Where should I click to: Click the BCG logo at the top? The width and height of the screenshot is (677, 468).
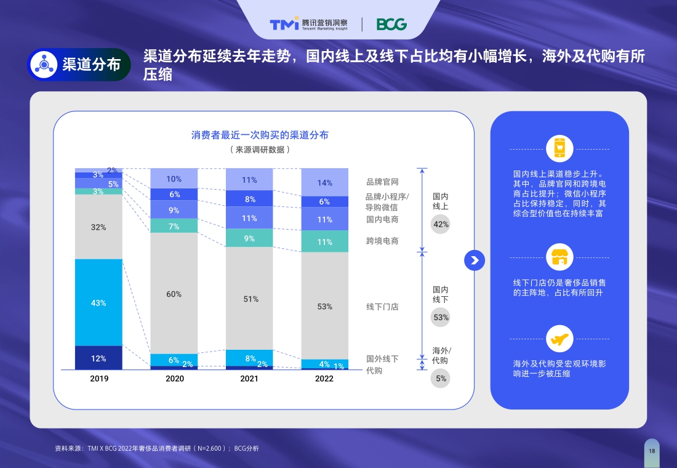391,24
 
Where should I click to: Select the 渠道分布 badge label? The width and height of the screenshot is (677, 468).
91,65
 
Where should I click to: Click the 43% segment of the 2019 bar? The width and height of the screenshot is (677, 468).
98,302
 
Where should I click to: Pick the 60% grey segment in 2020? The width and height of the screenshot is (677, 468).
174,294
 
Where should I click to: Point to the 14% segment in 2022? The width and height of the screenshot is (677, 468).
324,182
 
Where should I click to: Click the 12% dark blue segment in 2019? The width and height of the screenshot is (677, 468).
98,358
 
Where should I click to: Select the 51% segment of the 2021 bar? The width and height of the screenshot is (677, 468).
249,299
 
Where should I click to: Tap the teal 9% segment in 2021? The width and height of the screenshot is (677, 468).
249,238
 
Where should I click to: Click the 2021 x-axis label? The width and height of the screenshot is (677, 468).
249,379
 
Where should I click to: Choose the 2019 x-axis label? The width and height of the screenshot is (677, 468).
99,379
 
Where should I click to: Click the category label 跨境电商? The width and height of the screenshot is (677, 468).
382,241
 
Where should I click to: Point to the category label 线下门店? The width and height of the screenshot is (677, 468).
382,307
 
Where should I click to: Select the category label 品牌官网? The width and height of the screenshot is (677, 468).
382,182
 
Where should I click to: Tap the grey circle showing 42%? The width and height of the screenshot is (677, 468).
441,224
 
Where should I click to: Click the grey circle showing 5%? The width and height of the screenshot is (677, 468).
441,378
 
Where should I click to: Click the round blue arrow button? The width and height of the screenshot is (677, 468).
475,260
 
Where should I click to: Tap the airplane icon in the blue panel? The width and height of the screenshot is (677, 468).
559,339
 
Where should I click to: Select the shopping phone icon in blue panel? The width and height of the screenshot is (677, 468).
559,148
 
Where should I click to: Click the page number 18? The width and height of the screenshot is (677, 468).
652,451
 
